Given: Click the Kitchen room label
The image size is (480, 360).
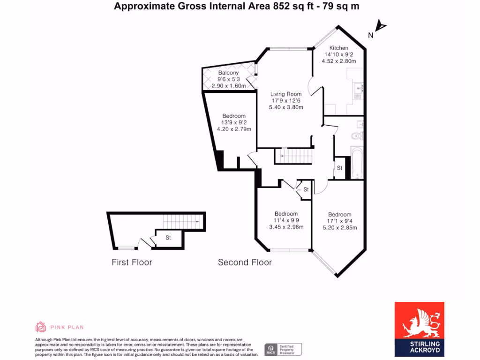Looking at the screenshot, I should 338,48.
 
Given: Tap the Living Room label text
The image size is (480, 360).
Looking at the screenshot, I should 286,94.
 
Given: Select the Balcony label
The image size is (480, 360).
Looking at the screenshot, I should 228,73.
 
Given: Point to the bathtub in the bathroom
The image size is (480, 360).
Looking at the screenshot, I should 357,163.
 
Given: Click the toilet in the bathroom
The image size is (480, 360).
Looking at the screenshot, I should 357,136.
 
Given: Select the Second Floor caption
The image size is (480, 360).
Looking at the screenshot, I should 245,262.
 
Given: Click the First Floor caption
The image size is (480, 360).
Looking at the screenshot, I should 132,262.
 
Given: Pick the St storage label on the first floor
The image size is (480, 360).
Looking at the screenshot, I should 168,238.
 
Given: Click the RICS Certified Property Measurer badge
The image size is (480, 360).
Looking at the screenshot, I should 283,349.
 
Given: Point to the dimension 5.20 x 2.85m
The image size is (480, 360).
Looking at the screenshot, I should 340,228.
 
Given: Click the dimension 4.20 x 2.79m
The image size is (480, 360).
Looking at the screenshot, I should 234,129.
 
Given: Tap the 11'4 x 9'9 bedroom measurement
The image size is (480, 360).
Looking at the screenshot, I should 286,220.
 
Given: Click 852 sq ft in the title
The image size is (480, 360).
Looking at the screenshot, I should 289,6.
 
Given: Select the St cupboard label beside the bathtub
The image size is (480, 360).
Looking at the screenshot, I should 339,168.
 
